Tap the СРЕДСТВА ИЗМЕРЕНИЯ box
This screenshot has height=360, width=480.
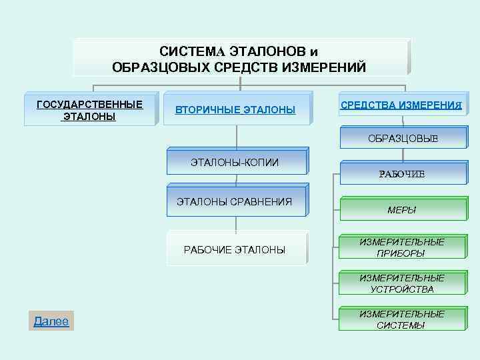[401, 105]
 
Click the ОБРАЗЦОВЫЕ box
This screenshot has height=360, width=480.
[403, 139]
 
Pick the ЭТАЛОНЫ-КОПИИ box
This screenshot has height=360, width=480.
[235, 162]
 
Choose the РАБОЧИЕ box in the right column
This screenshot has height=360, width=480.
[401, 174]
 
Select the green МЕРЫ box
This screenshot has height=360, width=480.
[401, 209]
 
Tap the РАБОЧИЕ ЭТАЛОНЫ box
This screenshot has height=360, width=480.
[235, 249]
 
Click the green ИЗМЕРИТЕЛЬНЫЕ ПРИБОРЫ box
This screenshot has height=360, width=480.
[401, 247]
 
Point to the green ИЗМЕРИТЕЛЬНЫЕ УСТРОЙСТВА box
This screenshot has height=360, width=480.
[401, 283]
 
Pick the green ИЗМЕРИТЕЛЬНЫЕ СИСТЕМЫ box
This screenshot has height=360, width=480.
[401, 319]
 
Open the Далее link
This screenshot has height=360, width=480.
[51, 321]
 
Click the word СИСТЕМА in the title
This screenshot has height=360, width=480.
[193, 51]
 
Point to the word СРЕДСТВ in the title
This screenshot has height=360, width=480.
[240, 67]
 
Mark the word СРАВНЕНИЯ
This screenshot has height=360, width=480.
[260, 202]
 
